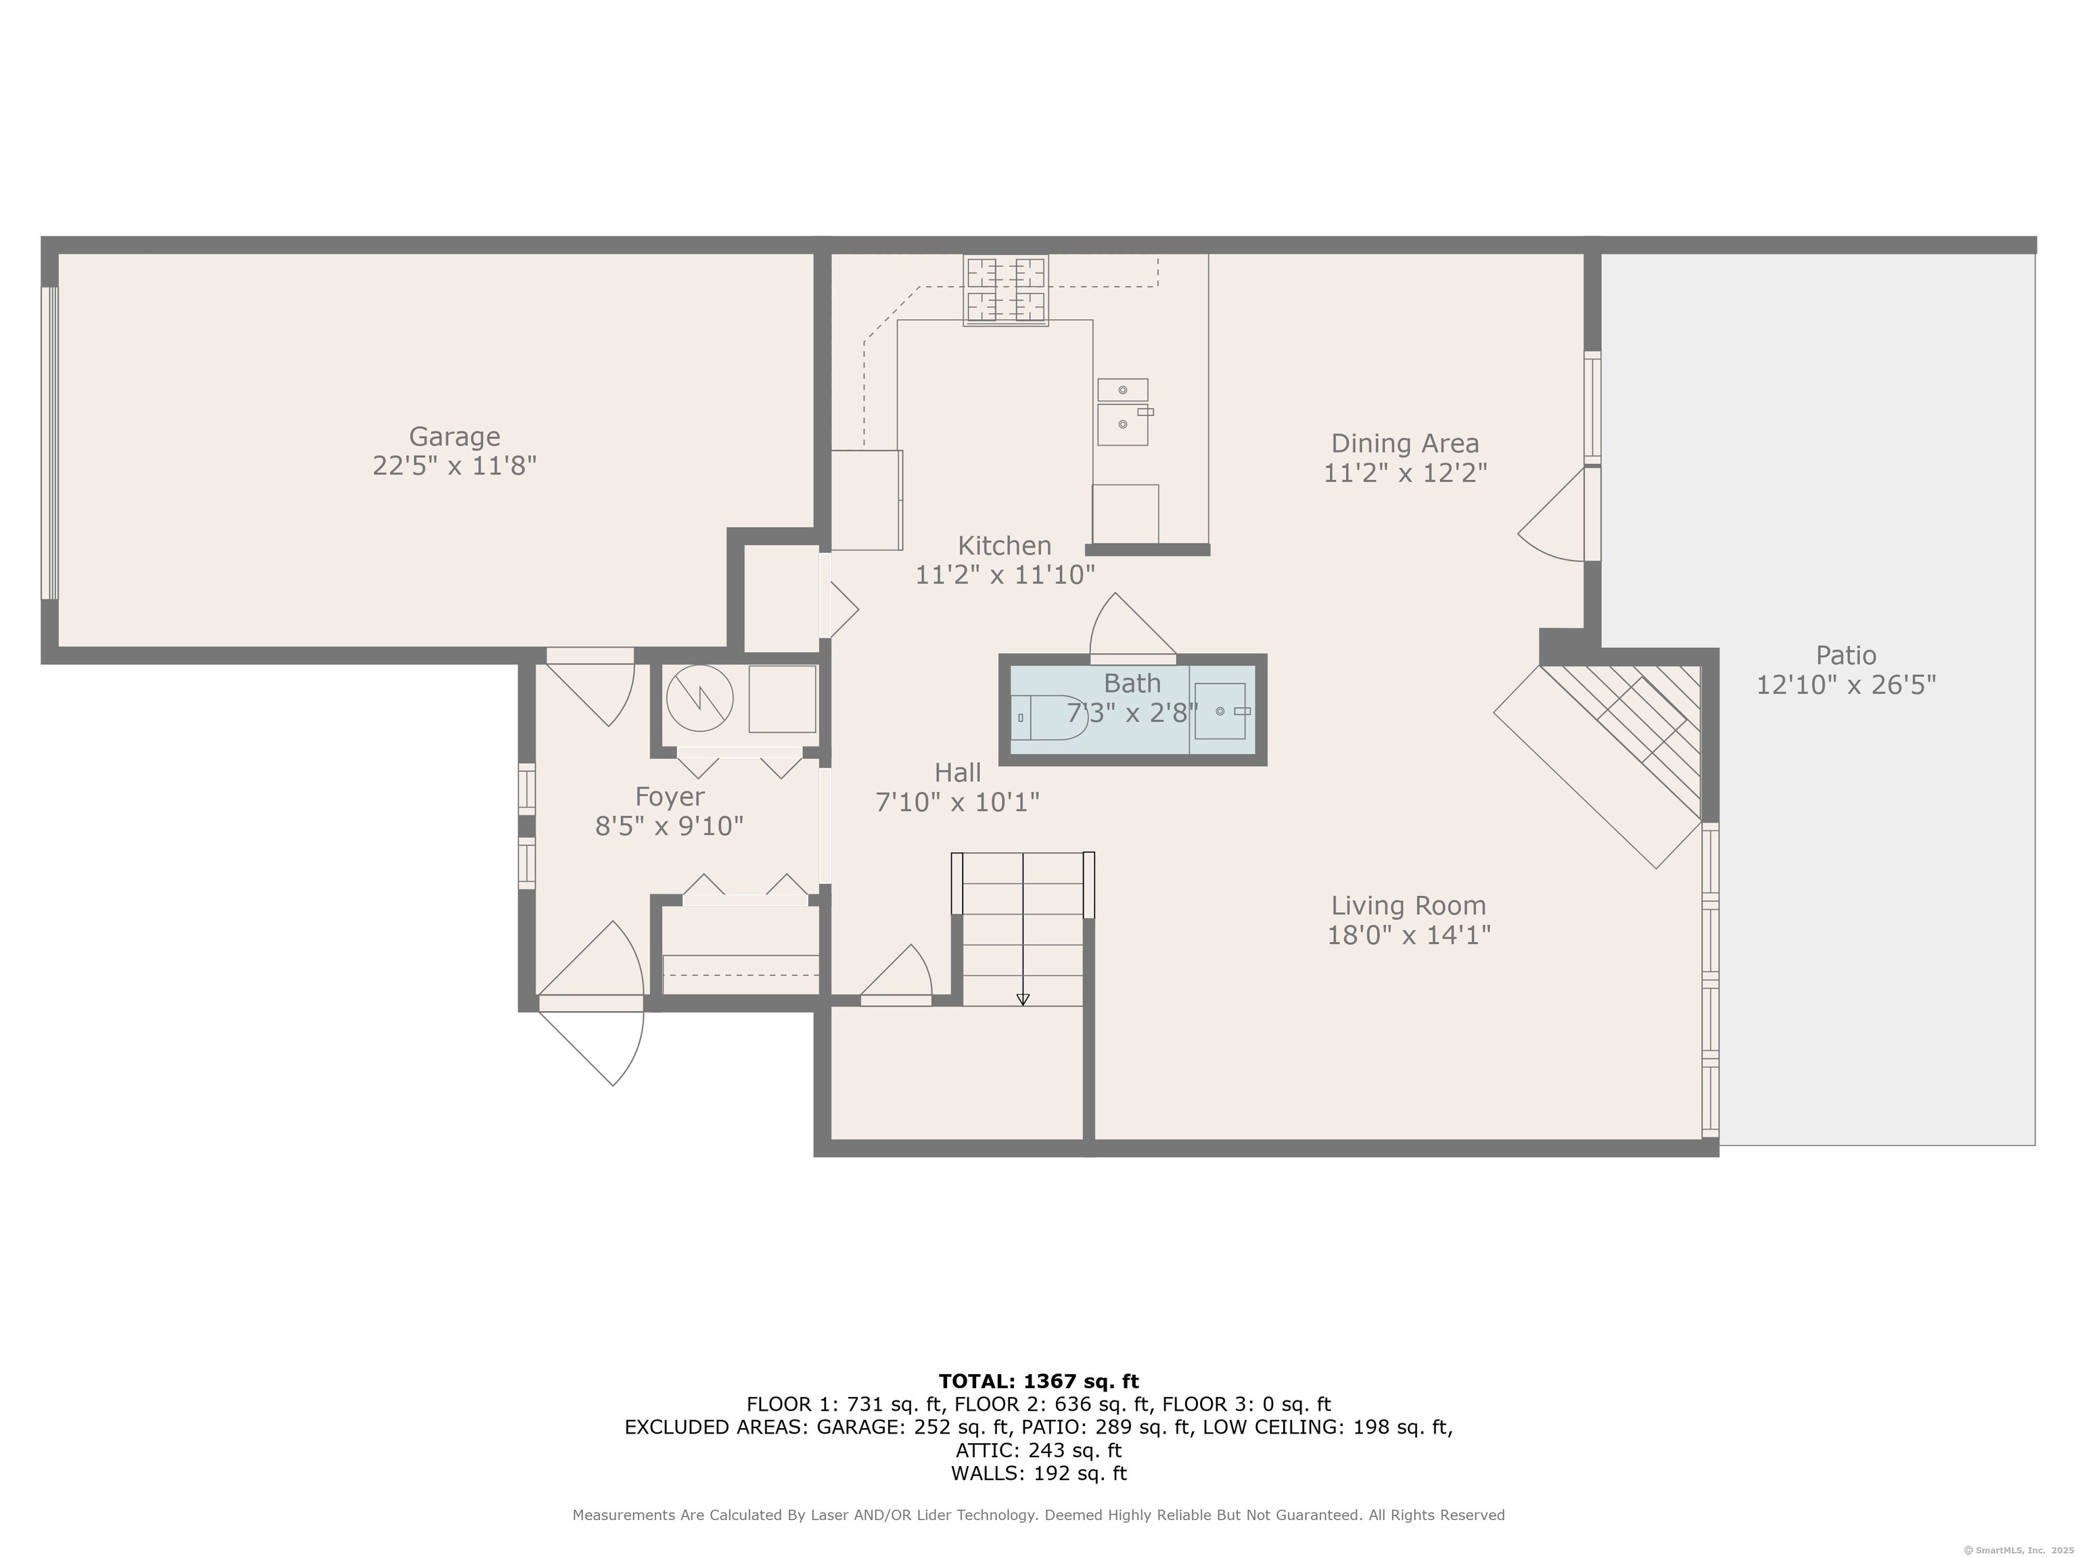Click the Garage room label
click(455, 437)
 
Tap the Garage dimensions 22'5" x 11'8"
click(455, 466)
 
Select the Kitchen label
click(1005, 546)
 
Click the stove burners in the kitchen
click(1005, 290)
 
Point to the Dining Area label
click(1406, 444)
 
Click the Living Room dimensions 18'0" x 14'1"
click(1409, 935)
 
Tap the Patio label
click(1846, 655)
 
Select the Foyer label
click(670, 797)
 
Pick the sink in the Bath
click(1220, 711)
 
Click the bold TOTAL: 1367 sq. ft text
click(1038, 1382)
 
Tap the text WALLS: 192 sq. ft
click(1038, 1473)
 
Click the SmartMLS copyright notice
click(2018, 1550)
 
